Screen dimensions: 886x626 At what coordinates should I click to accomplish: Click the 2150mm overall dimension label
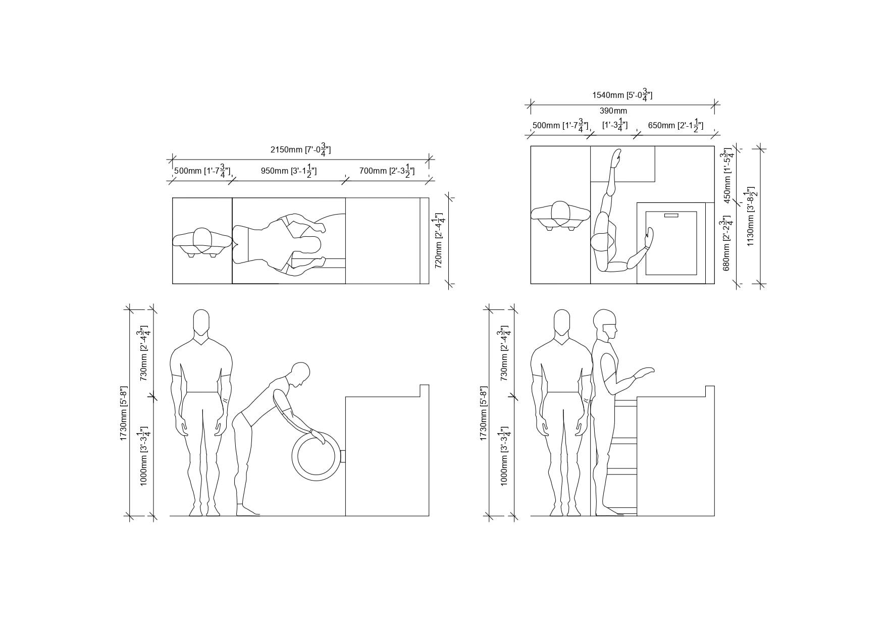pos(300,150)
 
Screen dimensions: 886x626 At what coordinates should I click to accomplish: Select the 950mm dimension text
pos(289,171)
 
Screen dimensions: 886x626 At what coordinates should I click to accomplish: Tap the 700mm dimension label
pos(387,171)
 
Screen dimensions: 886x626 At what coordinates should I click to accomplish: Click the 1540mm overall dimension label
pos(622,95)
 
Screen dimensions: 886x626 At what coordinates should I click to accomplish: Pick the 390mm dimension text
pos(613,111)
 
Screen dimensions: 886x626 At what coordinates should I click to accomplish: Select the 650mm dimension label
pos(675,125)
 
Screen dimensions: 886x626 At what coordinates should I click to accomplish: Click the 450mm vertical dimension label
pos(727,175)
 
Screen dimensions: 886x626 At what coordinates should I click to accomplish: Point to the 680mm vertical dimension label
pos(727,243)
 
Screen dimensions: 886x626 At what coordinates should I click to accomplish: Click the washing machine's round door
pos(317,455)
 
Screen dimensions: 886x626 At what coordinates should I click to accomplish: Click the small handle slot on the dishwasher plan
pos(671,216)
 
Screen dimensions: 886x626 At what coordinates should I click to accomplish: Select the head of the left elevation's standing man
pos(201,322)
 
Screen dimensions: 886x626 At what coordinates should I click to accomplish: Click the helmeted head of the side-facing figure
pos(606,324)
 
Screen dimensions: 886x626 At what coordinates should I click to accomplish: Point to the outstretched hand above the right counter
pos(644,373)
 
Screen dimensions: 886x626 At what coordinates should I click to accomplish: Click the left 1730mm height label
pos(124,413)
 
